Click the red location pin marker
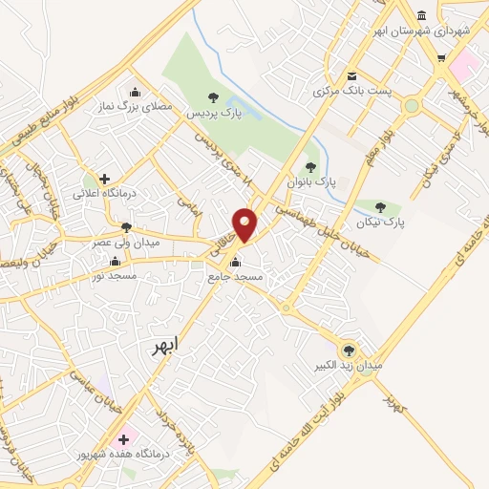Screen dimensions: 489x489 pos(245,223)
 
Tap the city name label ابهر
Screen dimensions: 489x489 pos(164,346)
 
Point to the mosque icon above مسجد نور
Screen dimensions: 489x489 pos(115,261)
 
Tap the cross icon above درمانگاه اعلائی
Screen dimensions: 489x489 pos(104,179)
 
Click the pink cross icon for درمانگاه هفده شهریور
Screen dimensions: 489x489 pos(122,439)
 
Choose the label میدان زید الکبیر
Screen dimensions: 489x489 pos(350,366)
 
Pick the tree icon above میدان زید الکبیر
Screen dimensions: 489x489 pos(348,351)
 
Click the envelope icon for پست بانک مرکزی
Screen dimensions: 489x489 pos(352,76)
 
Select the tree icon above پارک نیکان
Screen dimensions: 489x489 pos(380,206)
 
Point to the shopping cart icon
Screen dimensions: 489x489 pos(440,57)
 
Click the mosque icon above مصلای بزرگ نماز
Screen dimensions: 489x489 pos(135,93)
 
